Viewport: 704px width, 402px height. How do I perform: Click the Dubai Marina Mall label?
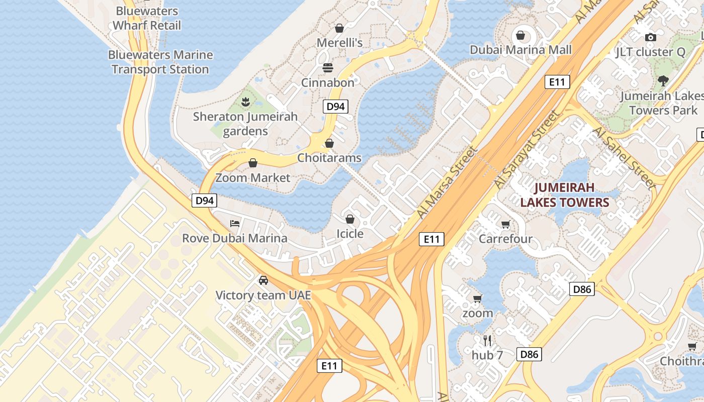coord(520,50)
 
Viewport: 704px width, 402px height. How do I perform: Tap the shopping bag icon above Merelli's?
coord(339,28)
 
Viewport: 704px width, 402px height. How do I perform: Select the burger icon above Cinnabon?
coord(328,68)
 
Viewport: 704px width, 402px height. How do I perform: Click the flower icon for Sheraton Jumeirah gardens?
coord(245,102)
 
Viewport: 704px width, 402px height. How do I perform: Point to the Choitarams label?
coord(329,158)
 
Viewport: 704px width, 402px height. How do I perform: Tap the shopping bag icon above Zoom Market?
coord(253,163)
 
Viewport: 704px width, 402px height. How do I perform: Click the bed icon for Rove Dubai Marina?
coord(234,223)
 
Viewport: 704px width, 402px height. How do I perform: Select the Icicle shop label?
coord(349,234)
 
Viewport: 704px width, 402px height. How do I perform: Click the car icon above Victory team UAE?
coord(263,280)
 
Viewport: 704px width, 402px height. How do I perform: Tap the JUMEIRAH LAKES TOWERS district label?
coord(564,195)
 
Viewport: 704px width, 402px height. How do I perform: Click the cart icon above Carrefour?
coord(505,224)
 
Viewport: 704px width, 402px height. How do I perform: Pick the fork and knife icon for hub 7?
coord(487,341)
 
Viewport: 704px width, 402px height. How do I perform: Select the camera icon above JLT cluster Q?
coord(651,37)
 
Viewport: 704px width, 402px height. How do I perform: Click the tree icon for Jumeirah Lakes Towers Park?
coord(663,80)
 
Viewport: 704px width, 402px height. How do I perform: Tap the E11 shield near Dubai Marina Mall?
coord(557,82)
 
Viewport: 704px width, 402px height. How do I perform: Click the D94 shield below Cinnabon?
coord(335,106)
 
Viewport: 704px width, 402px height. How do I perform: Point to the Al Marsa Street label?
coord(447,182)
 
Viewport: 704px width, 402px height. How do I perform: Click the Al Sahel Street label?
coord(625,157)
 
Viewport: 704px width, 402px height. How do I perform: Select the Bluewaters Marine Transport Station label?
coord(160,62)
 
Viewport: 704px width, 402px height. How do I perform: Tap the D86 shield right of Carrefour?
coord(582,289)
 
